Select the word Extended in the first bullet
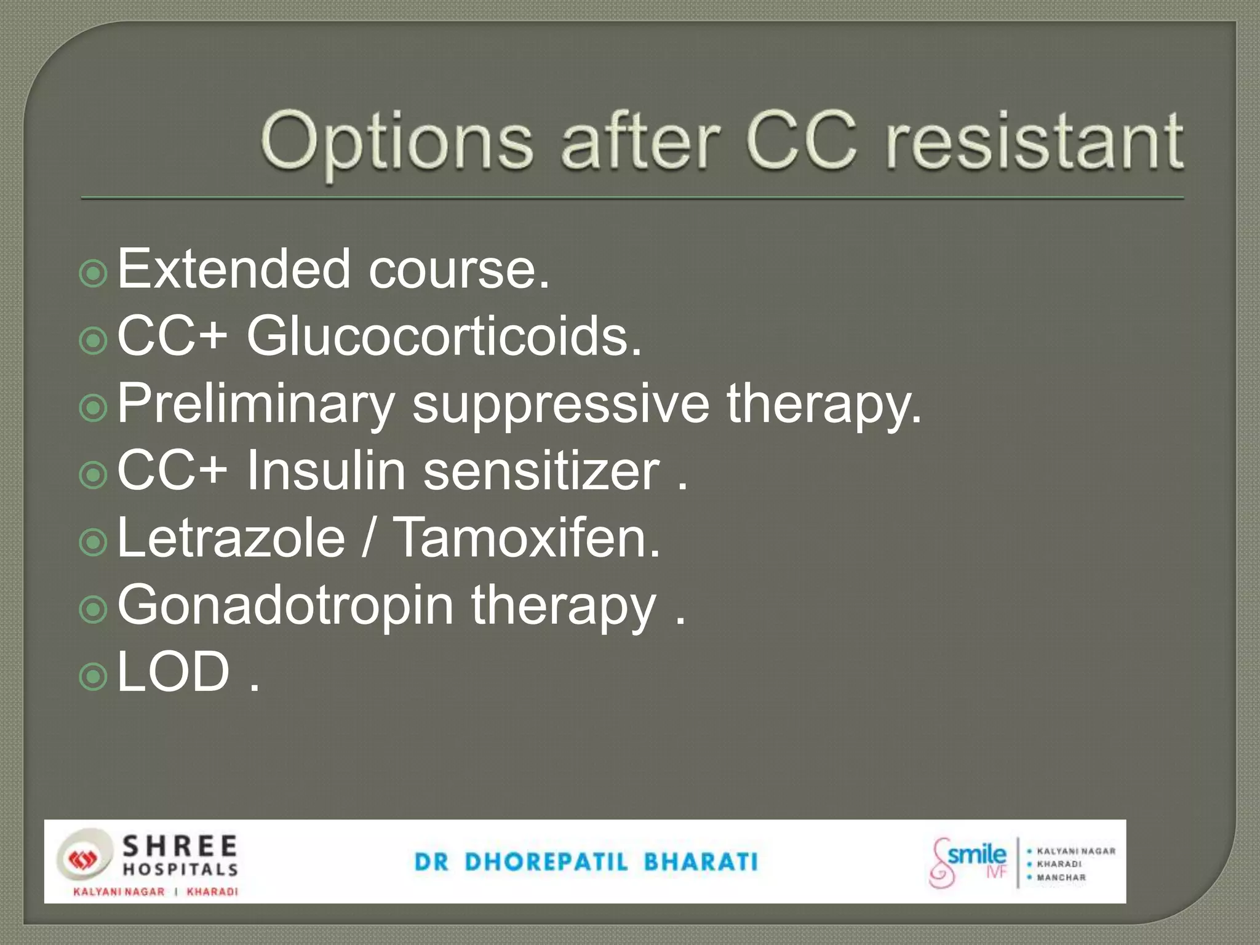tap(234, 269)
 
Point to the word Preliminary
tap(255, 404)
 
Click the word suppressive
tap(560, 404)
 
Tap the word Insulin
tap(326, 471)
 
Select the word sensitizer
tap(541, 471)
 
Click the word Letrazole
tap(231, 538)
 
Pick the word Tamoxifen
tap(526, 538)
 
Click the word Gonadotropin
tap(285, 605)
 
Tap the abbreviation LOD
tap(173, 672)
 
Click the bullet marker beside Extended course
tap(94, 273)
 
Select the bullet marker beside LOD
tap(94, 677)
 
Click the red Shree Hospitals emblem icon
tap(80, 859)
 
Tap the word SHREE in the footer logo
tap(180, 847)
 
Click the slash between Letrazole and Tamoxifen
tap(368, 538)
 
